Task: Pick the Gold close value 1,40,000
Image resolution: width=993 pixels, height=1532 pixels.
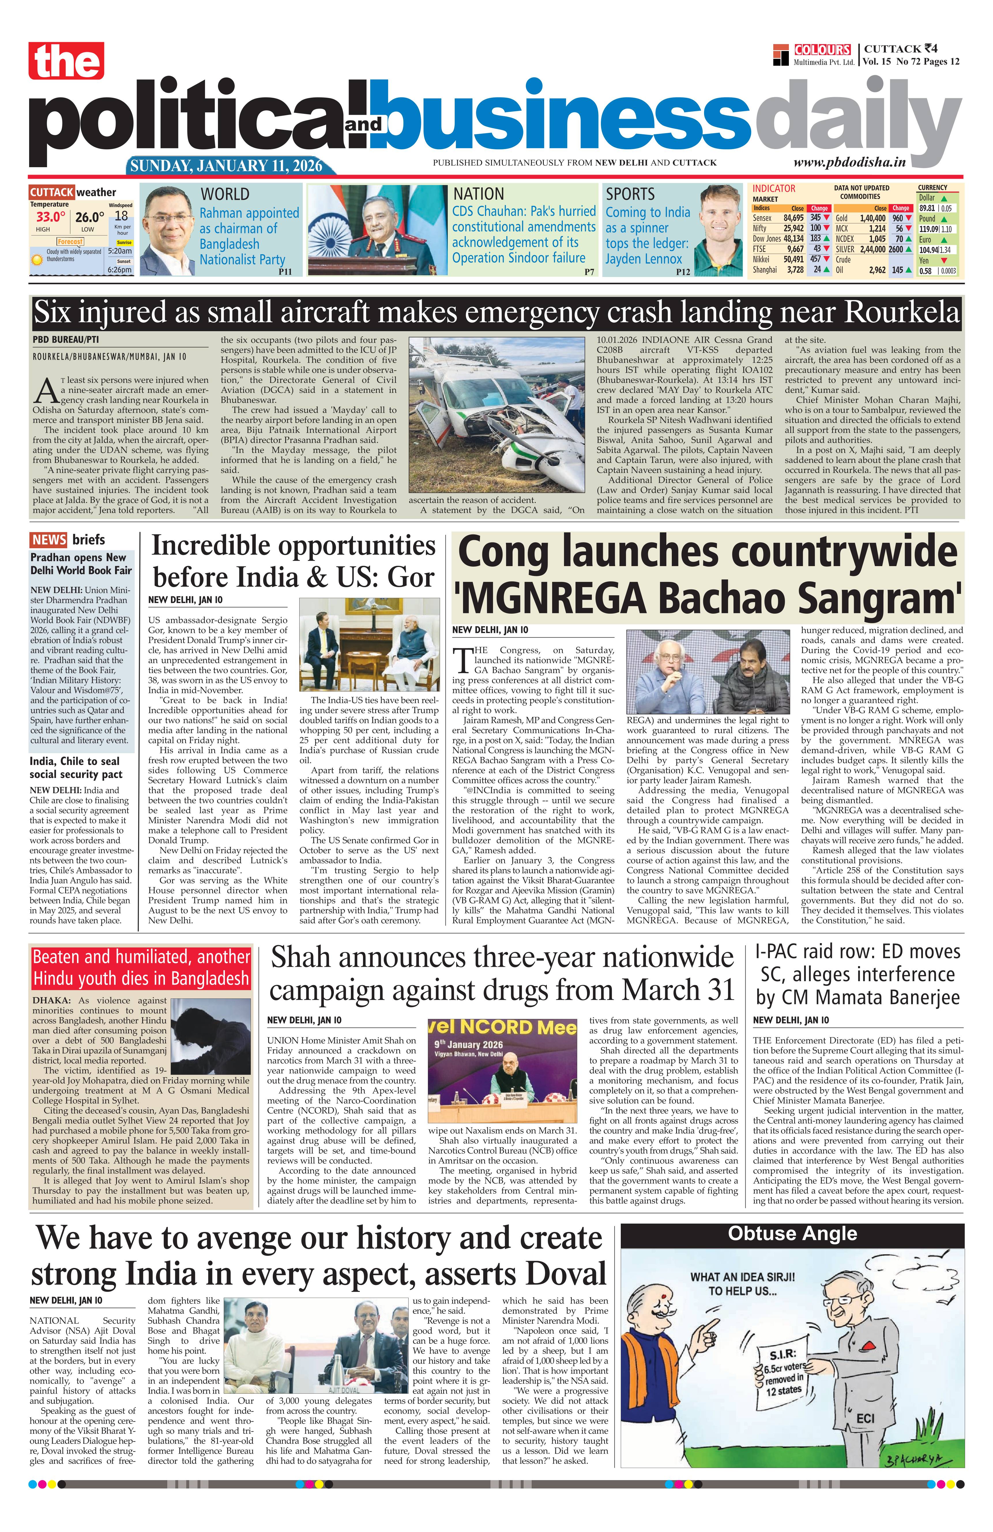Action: [872, 218]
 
